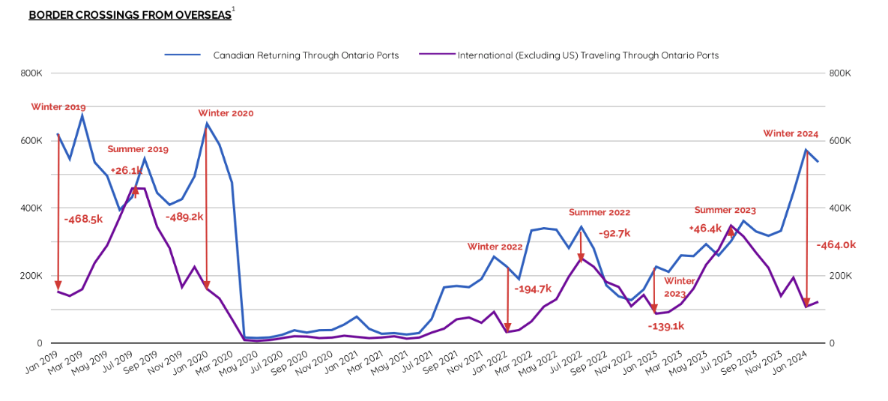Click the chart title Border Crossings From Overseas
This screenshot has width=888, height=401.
[x=130, y=15]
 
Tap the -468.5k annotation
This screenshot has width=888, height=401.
[x=83, y=219]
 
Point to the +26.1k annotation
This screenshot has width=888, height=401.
[x=126, y=170]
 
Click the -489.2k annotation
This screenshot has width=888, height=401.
[x=184, y=216]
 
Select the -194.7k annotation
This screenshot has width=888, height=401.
[x=533, y=289]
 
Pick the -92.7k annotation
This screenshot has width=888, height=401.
[x=614, y=233]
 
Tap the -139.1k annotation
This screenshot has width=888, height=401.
[x=666, y=326]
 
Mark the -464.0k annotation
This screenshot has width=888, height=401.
[x=836, y=244]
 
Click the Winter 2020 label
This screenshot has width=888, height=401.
[x=226, y=113]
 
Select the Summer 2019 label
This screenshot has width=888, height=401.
[x=138, y=149]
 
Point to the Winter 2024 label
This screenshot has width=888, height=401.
[x=791, y=133]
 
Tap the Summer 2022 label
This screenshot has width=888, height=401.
[x=599, y=212]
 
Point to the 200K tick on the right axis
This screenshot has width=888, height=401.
[x=840, y=276]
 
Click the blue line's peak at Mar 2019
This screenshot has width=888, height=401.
[x=82, y=115]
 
